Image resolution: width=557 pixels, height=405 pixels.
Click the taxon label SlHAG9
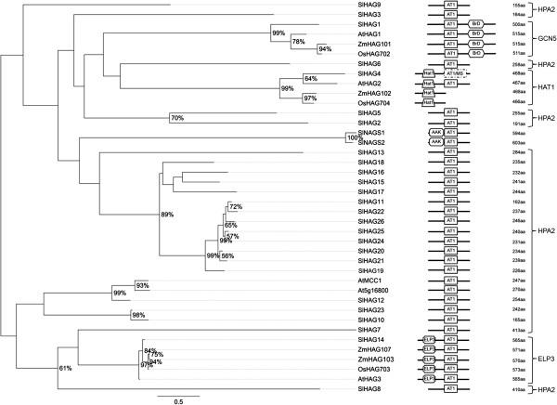369,6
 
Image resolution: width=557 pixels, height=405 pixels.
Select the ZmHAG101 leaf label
374,43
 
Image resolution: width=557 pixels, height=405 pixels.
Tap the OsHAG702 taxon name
373,53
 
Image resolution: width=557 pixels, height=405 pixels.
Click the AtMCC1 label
369,280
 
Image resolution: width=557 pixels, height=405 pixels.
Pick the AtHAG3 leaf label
369,378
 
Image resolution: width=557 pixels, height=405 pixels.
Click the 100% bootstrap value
352,137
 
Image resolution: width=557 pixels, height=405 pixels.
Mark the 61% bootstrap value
66,368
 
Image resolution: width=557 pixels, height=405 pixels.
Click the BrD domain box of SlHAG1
474,24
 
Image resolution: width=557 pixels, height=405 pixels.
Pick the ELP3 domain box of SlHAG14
429,339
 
